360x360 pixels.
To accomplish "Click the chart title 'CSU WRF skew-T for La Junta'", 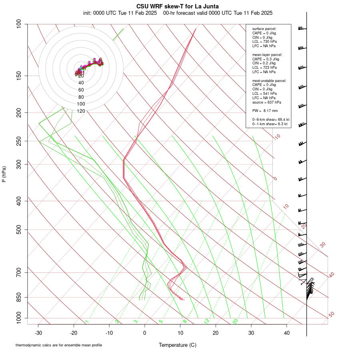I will (178, 6).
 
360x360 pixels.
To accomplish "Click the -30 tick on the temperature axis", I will (38, 332).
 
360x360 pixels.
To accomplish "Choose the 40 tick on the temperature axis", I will (287, 332).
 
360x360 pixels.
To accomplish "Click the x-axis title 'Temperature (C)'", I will (178, 345).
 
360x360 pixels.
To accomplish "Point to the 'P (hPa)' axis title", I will (4, 174).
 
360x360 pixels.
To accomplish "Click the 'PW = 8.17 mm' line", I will (265, 111).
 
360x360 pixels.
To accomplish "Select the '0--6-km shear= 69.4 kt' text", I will (271, 120).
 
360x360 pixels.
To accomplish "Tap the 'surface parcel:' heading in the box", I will (264, 29).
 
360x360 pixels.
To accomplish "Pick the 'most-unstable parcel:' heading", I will (269, 80).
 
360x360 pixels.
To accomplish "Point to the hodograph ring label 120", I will (81, 111).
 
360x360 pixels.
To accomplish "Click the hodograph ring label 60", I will (81, 90).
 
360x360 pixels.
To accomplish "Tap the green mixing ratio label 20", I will (236, 321).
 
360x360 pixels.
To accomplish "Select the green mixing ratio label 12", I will (207, 321).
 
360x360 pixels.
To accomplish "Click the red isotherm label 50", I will (331, 315).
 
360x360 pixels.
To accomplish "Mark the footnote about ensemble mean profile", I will (59, 345).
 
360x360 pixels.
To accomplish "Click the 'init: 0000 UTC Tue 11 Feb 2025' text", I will (120, 13).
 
